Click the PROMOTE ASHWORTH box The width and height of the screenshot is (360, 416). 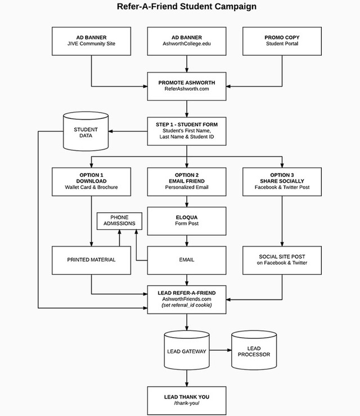(x=187, y=85)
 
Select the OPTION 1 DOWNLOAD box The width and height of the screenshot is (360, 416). (x=91, y=181)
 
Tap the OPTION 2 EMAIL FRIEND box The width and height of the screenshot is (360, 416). (x=187, y=181)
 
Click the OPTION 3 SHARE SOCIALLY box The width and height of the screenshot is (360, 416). (x=282, y=181)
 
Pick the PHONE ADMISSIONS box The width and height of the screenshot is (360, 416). (x=119, y=221)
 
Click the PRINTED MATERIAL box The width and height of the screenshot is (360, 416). (x=91, y=260)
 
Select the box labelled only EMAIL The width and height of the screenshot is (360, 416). (x=187, y=260)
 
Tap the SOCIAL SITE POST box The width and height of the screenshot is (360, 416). (x=282, y=260)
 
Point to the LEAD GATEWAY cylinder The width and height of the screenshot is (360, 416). (x=187, y=351)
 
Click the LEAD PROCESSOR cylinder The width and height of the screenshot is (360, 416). (x=254, y=351)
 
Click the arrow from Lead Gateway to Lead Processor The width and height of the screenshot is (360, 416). (x=220, y=351)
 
